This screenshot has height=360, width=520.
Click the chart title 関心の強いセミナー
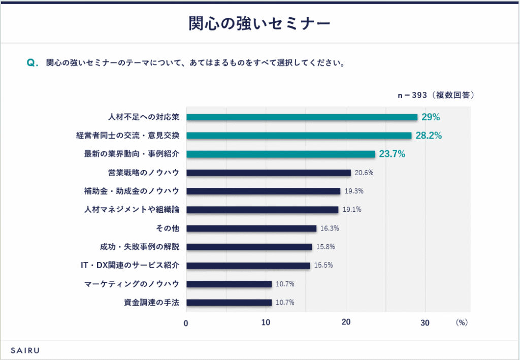click(x=259, y=23)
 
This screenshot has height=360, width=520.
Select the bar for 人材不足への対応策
click(x=302, y=117)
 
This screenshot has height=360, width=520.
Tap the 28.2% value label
click(x=429, y=136)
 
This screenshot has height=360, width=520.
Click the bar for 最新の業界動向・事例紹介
click(x=280, y=154)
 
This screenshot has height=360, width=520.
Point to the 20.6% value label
click(x=364, y=173)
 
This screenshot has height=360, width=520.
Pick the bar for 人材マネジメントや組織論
click(x=262, y=210)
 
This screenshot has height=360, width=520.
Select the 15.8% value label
click(x=326, y=247)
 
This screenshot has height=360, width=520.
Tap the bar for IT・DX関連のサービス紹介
click(x=248, y=266)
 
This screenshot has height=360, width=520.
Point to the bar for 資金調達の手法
click(x=229, y=303)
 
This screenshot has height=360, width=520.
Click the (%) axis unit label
click(x=461, y=322)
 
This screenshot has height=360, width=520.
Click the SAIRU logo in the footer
click(x=25, y=350)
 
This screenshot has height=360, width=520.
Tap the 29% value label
click(x=431, y=117)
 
